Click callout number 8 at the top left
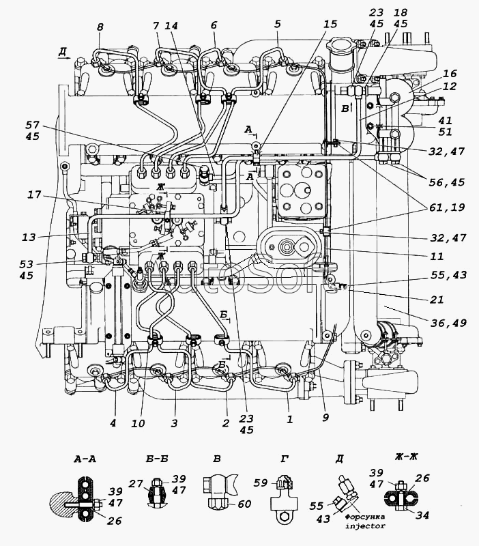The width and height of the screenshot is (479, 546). tap(100, 27)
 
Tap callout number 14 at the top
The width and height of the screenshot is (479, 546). tap(171, 25)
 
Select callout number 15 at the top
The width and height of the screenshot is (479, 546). tap(330, 24)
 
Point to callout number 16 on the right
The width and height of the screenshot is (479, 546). tap(450, 74)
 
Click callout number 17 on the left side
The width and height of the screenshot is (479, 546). tap(35, 195)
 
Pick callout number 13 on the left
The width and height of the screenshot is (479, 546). tap(29, 237)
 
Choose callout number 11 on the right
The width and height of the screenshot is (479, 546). tap(437, 257)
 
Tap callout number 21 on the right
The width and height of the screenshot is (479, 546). tap(437, 300)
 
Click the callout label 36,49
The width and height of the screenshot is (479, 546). tap(448, 323)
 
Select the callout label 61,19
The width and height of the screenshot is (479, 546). tap(447, 207)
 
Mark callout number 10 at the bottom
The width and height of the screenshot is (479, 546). tap(139, 423)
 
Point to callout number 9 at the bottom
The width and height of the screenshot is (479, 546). tap(325, 417)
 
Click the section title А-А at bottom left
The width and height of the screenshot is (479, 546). tap(85, 459)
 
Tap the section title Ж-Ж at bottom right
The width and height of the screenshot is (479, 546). tap(406, 456)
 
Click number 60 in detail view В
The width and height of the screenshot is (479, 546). tap(244, 504)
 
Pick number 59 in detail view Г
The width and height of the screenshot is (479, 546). tap(261, 483)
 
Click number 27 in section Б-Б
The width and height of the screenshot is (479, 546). tap(136, 485)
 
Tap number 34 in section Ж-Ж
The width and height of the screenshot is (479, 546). tap(422, 515)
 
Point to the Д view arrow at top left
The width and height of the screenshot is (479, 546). tap(64, 59)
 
